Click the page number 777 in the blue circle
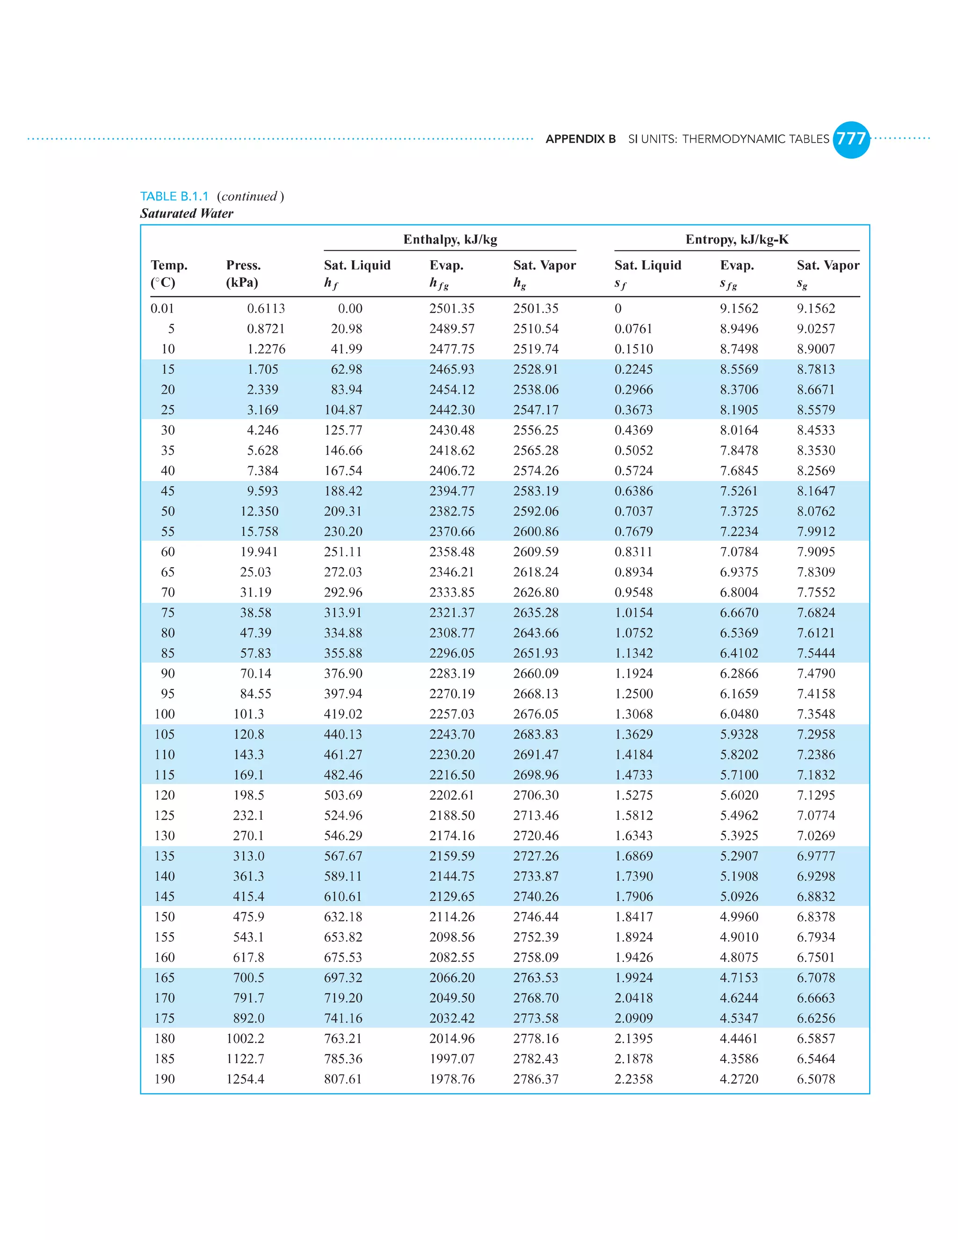point(851,139)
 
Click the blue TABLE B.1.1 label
point(174,197)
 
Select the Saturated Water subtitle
point(187,213)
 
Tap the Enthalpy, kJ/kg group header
point(450,240)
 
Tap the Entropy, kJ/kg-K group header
point(737,240)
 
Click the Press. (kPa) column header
point(243,274)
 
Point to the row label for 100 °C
point(165,714)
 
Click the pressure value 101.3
point(248,714)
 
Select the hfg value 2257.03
point(452,714)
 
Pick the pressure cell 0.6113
point(266,309)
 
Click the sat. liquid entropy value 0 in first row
point(618,309)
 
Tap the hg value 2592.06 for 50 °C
point(536,511)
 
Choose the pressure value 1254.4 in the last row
point(245,1080)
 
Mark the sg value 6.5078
point(815,1080)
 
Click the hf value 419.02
point(343,714)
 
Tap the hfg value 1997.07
point(452,1059)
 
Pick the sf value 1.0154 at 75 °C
point(633,613)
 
